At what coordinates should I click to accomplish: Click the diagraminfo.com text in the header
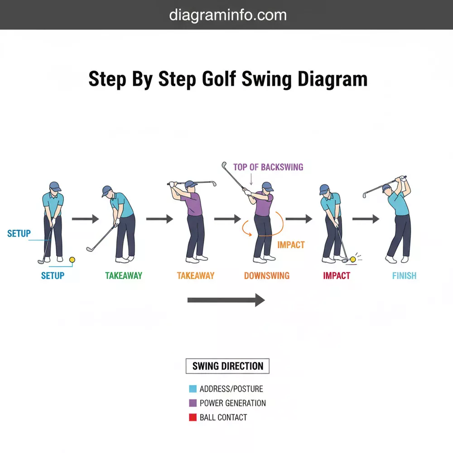(x=228, y=15)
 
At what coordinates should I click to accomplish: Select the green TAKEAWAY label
(x=124, y=275)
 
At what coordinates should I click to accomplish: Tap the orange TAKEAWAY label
(x=196, y=275)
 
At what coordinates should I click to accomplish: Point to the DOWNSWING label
(x=266, y=275)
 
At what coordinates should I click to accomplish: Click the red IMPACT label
(x=337, y=275)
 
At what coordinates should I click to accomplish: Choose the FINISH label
(x=404, y=275)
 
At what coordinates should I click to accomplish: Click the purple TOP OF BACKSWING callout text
(x=268, y=167)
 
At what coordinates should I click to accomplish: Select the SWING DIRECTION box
(x=227, y=366)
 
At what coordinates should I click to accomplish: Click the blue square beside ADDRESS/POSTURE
(x=193, y=389)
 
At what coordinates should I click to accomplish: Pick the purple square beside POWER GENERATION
(x=193, y=403)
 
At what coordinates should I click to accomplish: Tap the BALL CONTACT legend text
(x=223, y=417)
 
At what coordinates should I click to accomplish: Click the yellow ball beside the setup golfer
(x=72, y=260)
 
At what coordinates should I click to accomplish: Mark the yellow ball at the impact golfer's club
(x=353, y=259)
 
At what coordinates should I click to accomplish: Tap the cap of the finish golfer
(x=386, y=187)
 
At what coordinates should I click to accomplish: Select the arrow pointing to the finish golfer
(x=366, y=219)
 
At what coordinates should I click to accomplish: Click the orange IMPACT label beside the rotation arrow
(x=291, y=245)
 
